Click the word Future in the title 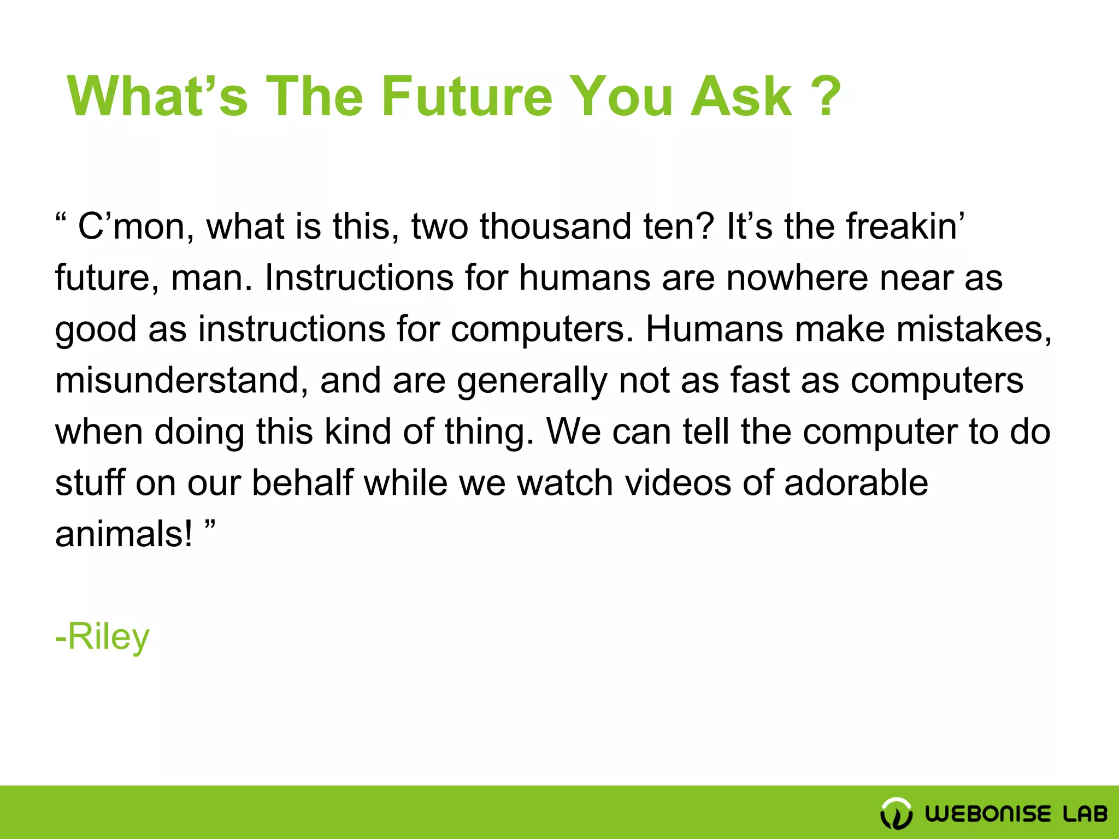click(x=467, y=97)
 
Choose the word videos click(x=678, y=483)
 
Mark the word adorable click(x=856, y=483)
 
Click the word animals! click(x=123, y=534)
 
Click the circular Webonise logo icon click(x=896, y=813)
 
